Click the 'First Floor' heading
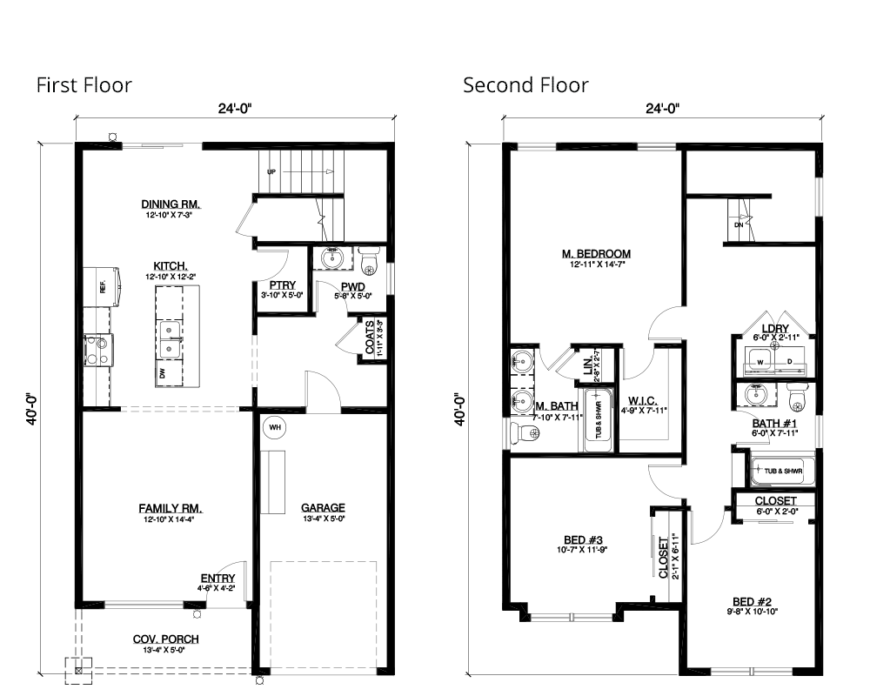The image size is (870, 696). (x=84, y=85)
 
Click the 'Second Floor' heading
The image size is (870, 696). (x=525, y=85)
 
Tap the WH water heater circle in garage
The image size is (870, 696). (x=275, y=427)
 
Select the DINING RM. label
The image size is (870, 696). (x=171, y=205)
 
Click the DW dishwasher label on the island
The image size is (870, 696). (x=161, y=373)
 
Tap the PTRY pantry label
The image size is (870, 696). (x=280, y=285)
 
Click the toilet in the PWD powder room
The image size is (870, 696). (x=369, y=259)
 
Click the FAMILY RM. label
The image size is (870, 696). (x=171, y=508)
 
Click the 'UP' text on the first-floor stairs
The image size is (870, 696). (x=271, y=172)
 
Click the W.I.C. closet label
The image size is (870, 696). (x=644, y=400)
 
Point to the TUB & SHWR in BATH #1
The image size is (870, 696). (x=782, y=472)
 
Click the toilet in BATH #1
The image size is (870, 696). (x=797, y=397)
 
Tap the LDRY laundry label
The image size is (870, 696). (x=775, y=329)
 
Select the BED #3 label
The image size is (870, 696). (x=575, y=539)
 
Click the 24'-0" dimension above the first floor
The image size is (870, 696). (x=232, y=109)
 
